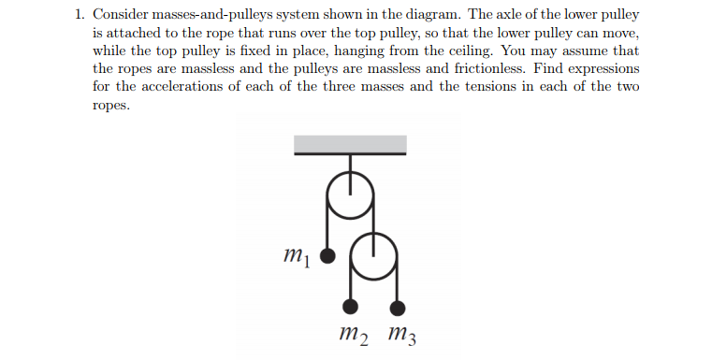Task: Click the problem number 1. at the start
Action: click(80, 16)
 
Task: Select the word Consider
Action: click(124, 16)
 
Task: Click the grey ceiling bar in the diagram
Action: click(351, 144)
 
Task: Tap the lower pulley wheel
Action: click(374, 251)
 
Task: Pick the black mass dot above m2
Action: click(351, 307)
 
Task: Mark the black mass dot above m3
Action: click(398, 307)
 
